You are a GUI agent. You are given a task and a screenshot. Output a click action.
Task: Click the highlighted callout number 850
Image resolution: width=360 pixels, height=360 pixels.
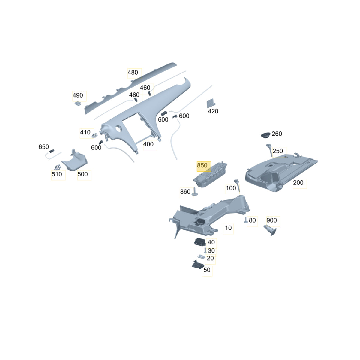coord(202,165)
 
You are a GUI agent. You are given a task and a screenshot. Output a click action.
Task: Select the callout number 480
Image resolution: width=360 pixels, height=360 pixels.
coord(133,73)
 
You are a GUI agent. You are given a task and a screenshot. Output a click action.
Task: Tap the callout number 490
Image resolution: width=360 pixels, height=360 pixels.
coord(78,95)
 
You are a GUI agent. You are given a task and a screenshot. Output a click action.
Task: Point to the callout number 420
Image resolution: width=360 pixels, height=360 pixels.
coord(213,111)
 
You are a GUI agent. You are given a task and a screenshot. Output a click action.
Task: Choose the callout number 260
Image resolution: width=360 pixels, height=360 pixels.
coord(277,134)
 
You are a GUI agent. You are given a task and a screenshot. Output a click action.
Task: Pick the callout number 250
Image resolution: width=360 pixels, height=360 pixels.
coord(277,151)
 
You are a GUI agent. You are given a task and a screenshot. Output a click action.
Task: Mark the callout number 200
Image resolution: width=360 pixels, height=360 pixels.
coord(298,182)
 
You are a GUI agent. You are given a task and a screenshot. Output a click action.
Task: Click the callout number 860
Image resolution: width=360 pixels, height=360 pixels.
coord(185,192)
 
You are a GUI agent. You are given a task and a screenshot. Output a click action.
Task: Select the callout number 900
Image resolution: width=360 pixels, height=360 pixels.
coord(271,220)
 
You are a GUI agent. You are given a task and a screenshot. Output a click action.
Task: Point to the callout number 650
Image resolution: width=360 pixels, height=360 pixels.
coord(44,147)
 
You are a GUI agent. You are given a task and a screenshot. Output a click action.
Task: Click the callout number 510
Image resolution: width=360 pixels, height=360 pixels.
coord(57,174)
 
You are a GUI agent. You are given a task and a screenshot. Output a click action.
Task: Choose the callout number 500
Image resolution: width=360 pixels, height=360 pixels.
coord(82,174)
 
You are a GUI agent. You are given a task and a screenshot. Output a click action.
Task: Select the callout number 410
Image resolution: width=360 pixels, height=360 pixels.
coord(85,132)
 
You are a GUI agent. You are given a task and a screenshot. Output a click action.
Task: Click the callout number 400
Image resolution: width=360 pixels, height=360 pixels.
coord(148,144)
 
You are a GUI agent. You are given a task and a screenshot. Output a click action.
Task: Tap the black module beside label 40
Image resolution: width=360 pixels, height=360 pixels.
coord(200,242)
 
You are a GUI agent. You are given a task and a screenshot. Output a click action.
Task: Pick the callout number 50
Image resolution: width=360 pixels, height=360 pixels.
coord(207,270)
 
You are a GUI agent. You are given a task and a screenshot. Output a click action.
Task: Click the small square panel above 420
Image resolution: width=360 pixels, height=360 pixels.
coord(211,103)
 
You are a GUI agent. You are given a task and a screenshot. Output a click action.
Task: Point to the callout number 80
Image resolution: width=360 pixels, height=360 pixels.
coord(252,220)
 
